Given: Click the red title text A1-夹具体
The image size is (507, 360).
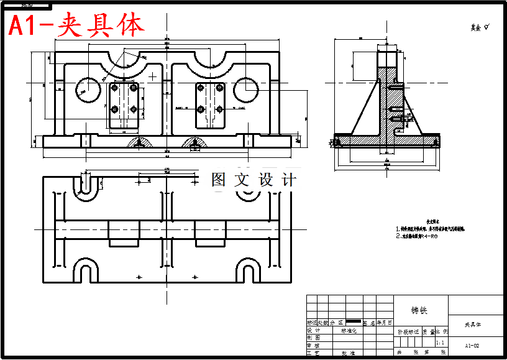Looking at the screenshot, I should coord(76,25).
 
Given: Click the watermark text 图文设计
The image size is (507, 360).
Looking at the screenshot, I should coord(253,180).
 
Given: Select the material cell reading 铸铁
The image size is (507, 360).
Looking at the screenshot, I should coord(419,310).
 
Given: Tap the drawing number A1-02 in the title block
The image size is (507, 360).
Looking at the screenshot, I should coord(472,345).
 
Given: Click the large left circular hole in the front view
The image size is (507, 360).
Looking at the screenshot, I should coord(88,89).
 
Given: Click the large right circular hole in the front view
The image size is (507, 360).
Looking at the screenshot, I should coord(246,89).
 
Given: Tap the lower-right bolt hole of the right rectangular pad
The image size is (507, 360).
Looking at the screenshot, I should coord(219,109).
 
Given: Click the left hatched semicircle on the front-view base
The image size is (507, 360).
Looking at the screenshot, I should coord(141,143).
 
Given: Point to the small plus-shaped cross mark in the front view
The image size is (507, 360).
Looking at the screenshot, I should coord(153,76).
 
